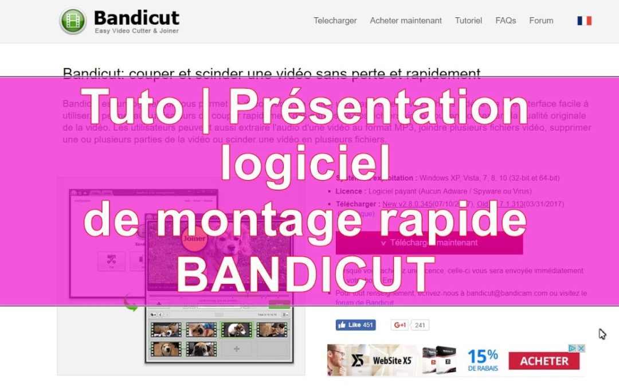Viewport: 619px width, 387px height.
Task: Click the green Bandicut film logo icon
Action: (73, 21)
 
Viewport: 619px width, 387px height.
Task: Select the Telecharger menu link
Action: (335, 21)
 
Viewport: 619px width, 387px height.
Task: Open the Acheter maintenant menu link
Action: (406, 21)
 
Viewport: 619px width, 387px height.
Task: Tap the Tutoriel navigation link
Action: (468, 21)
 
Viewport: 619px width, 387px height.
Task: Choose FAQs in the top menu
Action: (506, 21)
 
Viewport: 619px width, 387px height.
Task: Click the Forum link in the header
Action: (541, 21)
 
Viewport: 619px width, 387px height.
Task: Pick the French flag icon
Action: (584, 21)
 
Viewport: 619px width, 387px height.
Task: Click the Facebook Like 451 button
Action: (355, 325)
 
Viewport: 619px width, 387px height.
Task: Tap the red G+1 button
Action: (399, 325)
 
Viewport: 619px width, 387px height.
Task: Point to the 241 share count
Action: (420, 326)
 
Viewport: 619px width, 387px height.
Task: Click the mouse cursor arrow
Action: (602, 334)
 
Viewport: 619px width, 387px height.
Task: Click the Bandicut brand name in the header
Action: (136, 17)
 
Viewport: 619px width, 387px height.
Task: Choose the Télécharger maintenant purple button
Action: (429, 243)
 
